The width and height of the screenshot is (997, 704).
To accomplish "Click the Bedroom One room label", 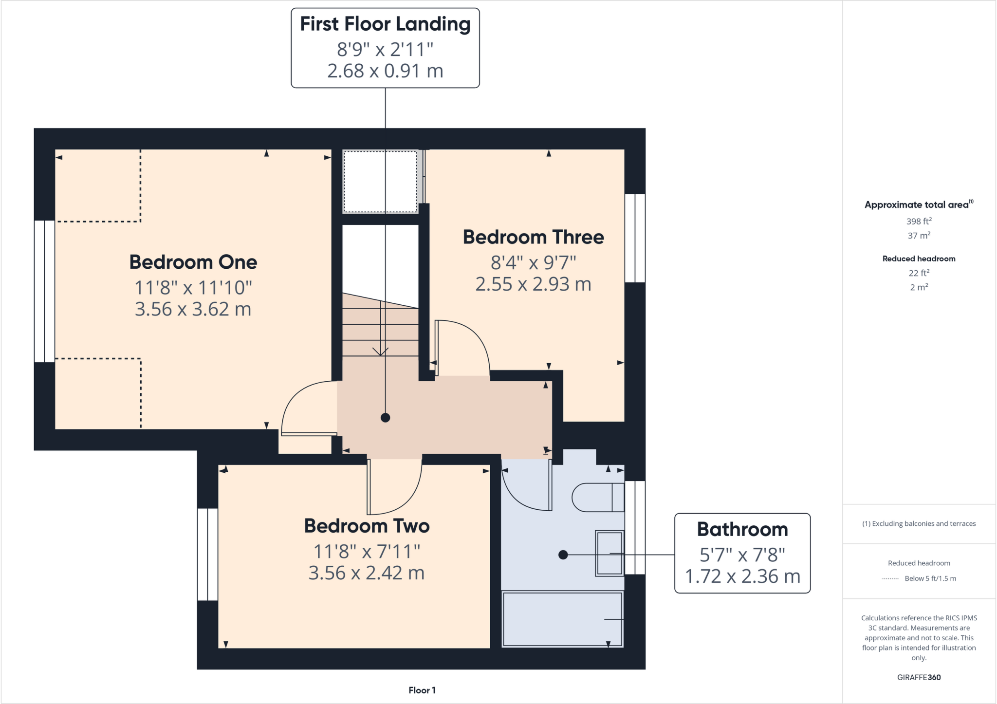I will (193, 262).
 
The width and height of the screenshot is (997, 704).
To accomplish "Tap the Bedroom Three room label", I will (533, 237).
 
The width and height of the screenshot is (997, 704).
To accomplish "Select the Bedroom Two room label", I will (367, 526).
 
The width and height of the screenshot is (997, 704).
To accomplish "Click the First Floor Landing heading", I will (385, 24).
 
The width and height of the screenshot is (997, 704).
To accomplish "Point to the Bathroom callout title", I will (742, 529).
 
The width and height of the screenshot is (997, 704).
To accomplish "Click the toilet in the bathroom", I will (597, 497).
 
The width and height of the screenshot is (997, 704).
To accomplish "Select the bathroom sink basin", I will (609, 554).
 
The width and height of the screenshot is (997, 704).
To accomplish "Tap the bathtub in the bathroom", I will (562, 619).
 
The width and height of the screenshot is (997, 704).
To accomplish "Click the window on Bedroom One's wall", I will (44, 291).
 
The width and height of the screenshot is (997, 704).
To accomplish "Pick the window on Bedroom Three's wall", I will (635, 238).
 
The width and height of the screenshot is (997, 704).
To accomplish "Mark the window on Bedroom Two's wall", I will (207, 554).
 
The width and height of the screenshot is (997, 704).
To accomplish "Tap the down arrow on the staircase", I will (380, 351).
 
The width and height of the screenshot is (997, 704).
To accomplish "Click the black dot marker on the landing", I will (385, 417).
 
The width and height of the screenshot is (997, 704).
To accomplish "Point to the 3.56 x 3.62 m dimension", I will (193, 309).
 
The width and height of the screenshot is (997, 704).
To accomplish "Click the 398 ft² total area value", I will (919, 221).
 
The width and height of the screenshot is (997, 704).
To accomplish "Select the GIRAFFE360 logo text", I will (919, 677).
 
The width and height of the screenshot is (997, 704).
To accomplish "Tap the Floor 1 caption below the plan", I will (422, 690).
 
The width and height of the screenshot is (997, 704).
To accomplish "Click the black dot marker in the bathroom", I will (563, 555).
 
